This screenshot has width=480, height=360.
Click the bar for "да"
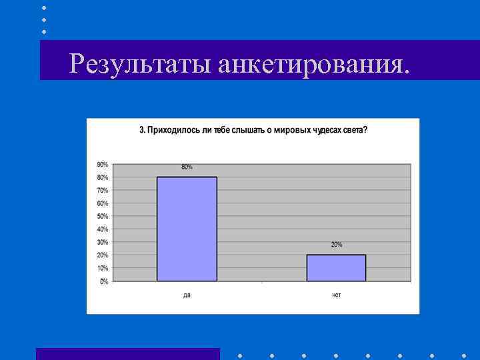[187, 229]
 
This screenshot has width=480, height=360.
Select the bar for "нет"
[336, 267]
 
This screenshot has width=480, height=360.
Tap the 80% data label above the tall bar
[187, 167]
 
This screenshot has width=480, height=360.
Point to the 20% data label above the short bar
[337, 245]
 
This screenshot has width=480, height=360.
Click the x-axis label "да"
[187, 295]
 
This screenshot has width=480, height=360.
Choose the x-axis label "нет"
[336, 295]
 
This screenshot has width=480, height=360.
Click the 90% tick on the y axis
[103, 165]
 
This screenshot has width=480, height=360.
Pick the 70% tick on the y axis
[103, 191]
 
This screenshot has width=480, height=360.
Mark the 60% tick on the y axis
[103, 203]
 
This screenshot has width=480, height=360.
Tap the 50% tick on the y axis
[103, 217]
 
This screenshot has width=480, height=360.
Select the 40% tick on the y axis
[103, 229]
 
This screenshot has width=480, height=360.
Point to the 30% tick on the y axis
[103, 242]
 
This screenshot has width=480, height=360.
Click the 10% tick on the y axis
[103, 268]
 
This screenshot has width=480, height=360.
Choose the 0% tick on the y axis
[105, 281]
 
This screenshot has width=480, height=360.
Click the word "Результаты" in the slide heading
[141, 65]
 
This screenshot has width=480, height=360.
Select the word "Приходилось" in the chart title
[169, 129]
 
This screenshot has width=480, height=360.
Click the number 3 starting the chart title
[141, 129]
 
